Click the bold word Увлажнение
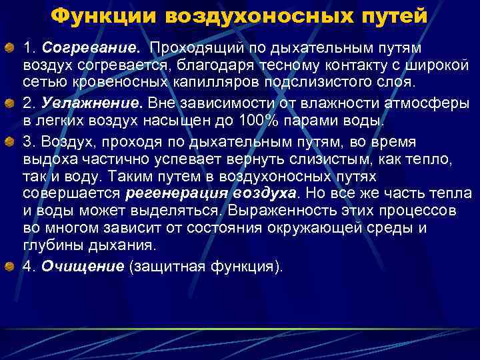(93, 104)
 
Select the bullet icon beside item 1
(11, 48)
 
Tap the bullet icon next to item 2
(11, 104)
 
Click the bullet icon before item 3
(11, 141)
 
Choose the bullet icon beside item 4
(11, 267)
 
